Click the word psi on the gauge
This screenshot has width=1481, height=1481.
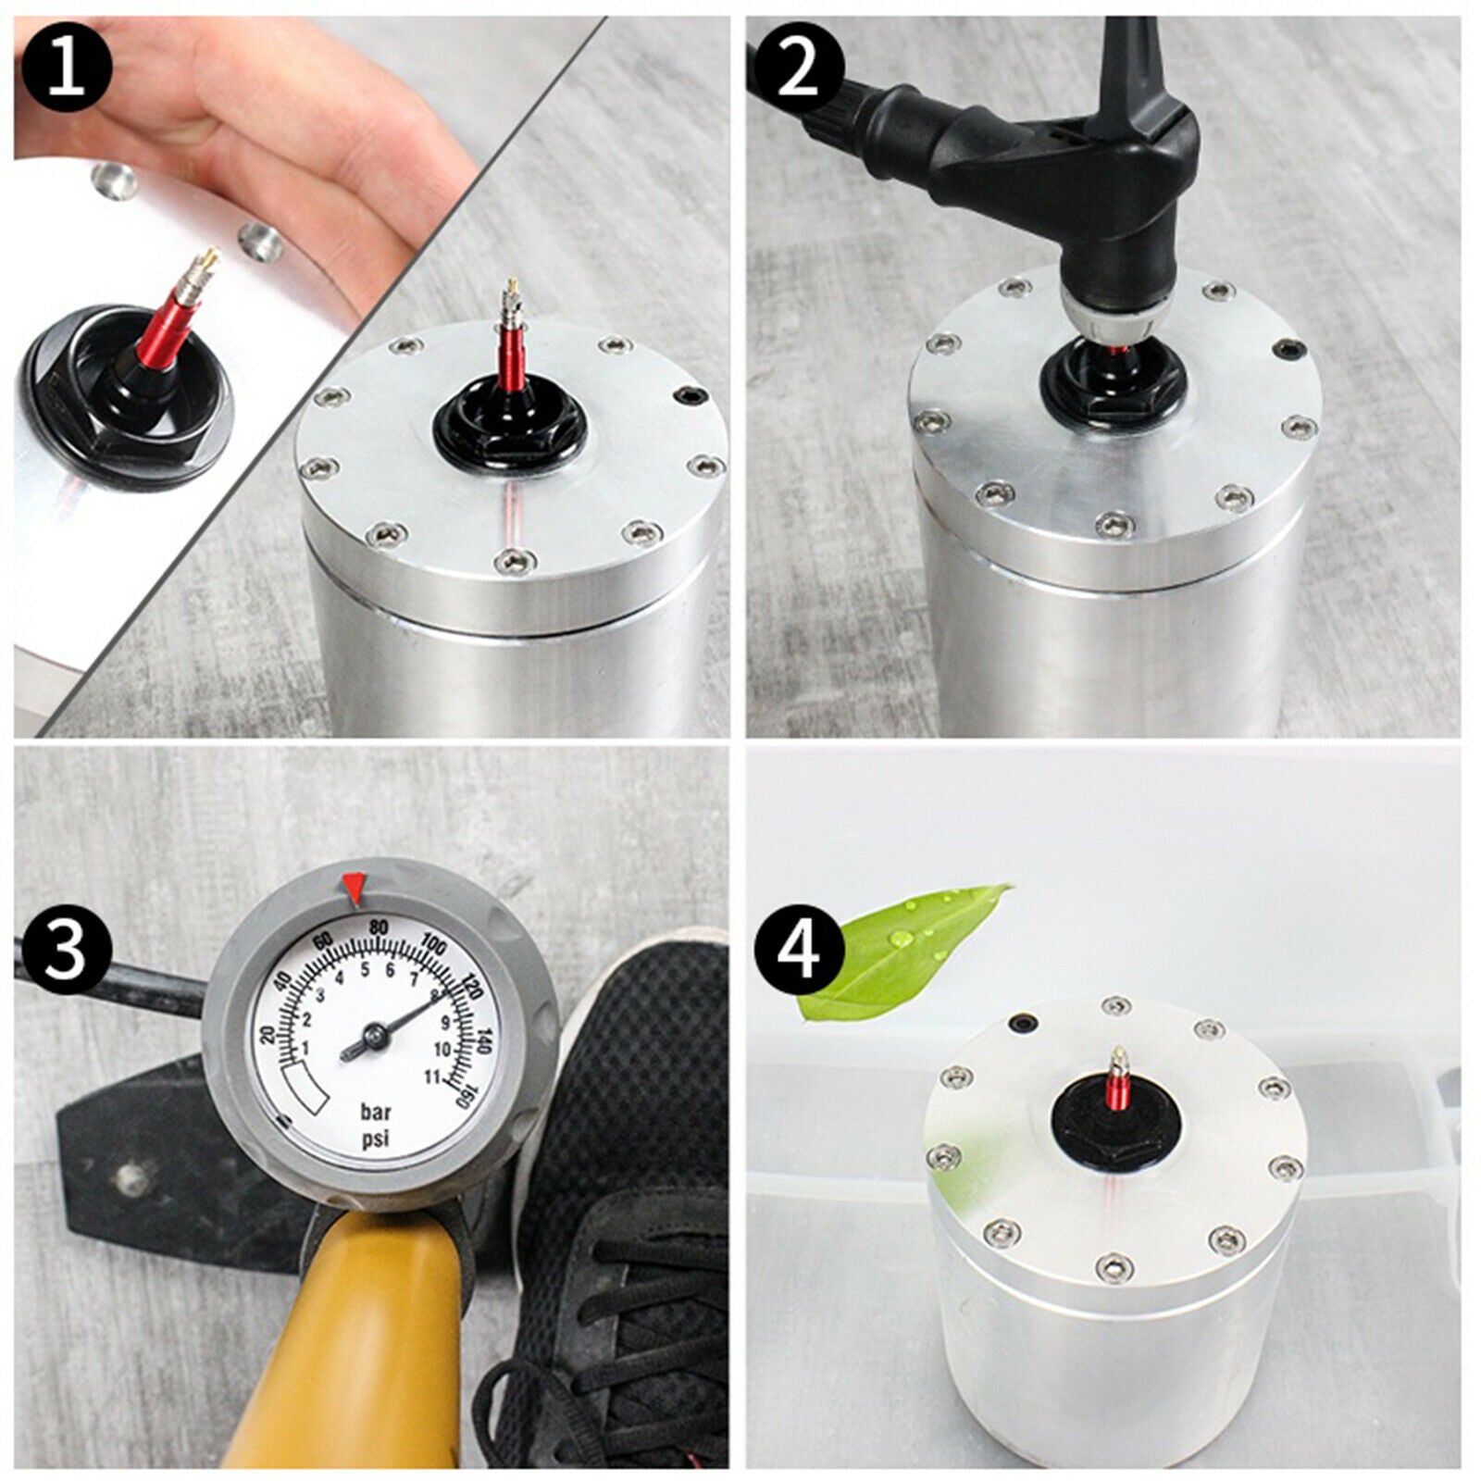377,1138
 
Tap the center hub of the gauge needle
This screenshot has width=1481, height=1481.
373,1036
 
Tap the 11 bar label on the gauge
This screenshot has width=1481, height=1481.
431,1076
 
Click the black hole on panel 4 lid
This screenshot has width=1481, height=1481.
1023,1024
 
